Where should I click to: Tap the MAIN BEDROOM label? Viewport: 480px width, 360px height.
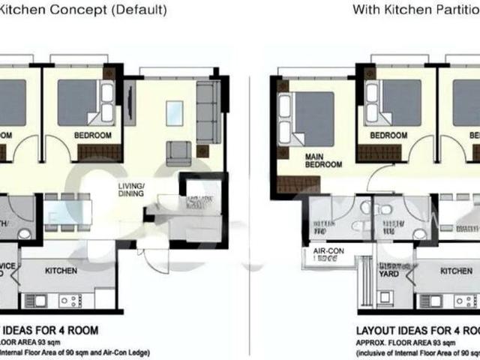(323, 160)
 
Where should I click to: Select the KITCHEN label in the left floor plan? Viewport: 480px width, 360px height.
(61, 271)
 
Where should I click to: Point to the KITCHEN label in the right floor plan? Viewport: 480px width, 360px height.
(456, 271)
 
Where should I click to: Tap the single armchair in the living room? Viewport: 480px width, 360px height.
(178, 152)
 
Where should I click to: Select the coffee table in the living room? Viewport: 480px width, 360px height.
(175, 113)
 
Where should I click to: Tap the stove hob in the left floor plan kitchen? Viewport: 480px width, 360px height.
(70, 301)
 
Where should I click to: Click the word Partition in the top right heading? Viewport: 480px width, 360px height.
(451, 10)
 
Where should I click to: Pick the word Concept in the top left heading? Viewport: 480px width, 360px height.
(78, 10)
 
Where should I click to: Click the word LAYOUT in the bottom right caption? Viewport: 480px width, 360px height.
(377, 330)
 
